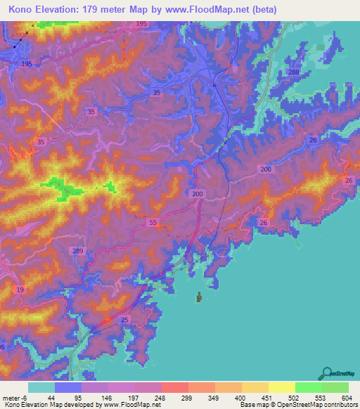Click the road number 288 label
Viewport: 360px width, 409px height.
(293, 73)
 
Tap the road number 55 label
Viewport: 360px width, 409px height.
(154, 223)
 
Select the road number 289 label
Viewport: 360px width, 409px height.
(78, 251)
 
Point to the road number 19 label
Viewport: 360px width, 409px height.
(20, 290)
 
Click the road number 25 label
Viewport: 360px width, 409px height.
(124, 320)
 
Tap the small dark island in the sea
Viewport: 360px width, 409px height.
(199, 298)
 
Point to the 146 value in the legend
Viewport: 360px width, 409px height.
(108, 397)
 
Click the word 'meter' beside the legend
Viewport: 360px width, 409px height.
(12, 397)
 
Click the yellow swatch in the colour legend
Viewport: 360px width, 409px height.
(281, 387)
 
